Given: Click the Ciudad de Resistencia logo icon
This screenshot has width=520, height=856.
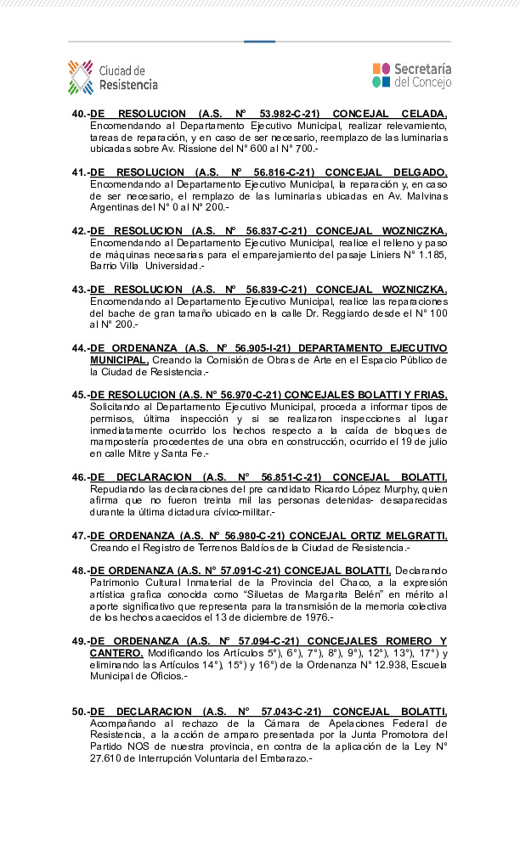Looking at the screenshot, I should point(81,76).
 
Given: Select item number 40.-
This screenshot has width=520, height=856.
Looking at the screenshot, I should point(80,113).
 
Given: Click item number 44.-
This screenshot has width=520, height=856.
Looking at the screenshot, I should point(80,348).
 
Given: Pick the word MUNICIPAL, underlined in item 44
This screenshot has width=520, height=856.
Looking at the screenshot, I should point(119,360).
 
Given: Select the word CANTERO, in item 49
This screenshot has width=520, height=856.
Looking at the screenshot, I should point(116,653).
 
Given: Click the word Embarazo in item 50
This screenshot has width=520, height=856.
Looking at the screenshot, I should point(284,757).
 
